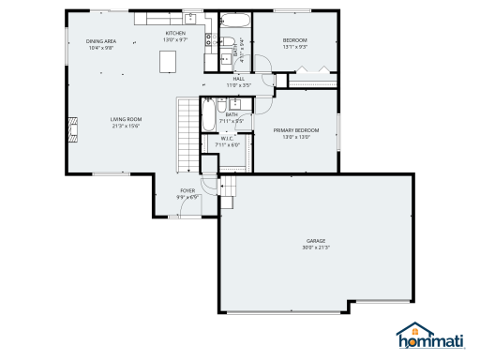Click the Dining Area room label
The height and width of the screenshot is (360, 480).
tap(100, 42)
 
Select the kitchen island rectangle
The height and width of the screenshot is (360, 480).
tap(170, 60)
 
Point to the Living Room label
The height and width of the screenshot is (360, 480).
tap(126, 120)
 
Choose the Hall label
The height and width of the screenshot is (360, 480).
tap(238, 79)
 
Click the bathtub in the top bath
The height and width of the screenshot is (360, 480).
tap(234, 22)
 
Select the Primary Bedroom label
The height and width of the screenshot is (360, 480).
tap(296, 129)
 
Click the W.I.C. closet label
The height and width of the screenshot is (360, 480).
tap(228, 139)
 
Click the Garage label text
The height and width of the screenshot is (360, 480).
tap(315, 241)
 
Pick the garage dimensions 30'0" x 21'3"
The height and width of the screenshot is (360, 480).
tap(315, 247)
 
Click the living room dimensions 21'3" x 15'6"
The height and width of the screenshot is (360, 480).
tap(126, 126)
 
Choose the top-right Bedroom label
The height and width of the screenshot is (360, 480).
tap(296, 40)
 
